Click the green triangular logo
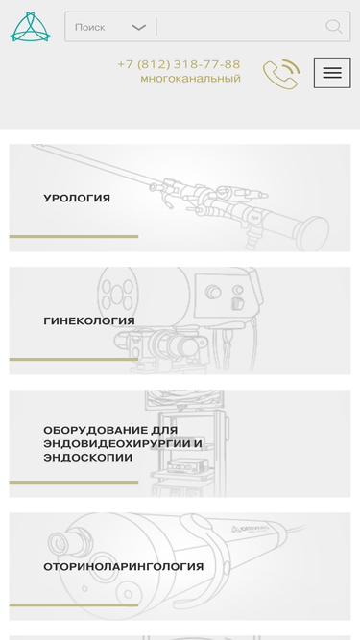pos(29,27)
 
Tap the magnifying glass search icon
pos(333,27)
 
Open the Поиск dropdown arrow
pos(138,28)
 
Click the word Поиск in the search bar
pos(90,28)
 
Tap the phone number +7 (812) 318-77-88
pos(179,64)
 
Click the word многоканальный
pos(190,79)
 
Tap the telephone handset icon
pos(280,74)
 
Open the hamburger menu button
pos(332,73)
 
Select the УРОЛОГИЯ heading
pos(77,199)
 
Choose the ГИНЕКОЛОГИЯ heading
pos(89,321)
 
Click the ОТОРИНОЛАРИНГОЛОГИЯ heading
pos(123,567)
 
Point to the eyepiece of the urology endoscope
pos(312,231)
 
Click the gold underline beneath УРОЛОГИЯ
pos(74,236)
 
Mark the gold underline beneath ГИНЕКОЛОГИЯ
pos(74,359)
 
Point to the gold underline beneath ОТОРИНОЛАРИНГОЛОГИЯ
pos(74,604)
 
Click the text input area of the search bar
pos(240,27)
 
